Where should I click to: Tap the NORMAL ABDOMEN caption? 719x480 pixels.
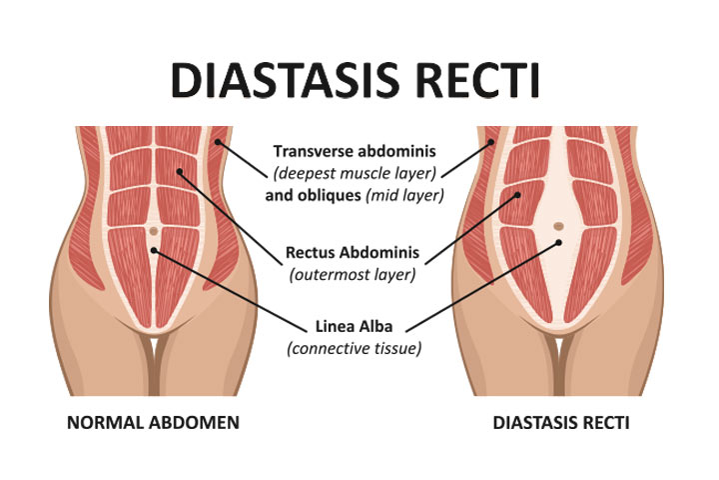(x=153, y=423)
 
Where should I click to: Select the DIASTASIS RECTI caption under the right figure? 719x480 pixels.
(x=561, y=423)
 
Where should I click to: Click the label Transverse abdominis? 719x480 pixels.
(x=355, y=151)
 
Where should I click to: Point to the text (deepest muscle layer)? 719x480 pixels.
(x=355, y=173)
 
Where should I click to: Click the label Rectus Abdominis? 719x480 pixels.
(x=353, y=252)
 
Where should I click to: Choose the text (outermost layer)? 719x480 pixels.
(x=353, y=275)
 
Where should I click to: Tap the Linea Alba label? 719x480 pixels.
(x=354, y=327)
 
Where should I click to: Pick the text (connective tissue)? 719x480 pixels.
(x=354, y=349)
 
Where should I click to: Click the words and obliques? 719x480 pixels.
(x=314, y=195)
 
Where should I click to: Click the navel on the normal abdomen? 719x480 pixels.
(x=154, y=231)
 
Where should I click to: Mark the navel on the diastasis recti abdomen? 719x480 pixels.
(x=558, y=226)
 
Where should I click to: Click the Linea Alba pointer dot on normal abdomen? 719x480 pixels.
(x=154, y=250)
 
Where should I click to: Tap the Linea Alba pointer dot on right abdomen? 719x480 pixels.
(x=558, y=242)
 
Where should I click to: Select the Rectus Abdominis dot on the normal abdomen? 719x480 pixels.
(x=180, y=171)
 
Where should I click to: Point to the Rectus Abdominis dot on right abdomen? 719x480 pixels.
(x=517, y=195)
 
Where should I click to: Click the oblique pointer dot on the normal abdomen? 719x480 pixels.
(x=218, y=142)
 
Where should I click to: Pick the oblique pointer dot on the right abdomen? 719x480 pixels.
(x=491, y=142)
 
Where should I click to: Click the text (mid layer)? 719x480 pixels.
(x=404, y=195)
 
